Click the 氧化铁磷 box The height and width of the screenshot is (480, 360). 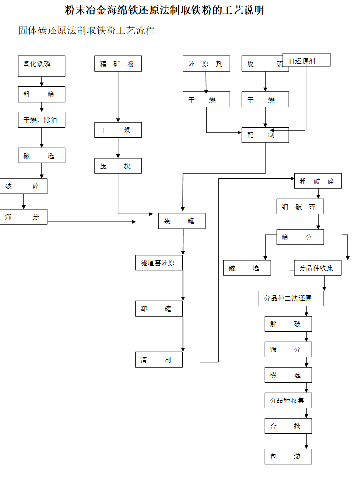click(42, 66)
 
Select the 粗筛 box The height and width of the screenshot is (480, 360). click(42, 94)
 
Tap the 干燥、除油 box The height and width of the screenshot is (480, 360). click(42, 120)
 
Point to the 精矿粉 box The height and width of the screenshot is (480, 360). click(118, 64)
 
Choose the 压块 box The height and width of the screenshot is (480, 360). click(118, 166)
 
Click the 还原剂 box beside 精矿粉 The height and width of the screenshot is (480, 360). click(206, 64)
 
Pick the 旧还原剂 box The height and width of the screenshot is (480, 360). click(306, 60)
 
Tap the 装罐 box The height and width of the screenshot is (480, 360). click(182, 221)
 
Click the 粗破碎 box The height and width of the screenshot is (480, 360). click(318, 181)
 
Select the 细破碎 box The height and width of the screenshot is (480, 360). click(300, 207)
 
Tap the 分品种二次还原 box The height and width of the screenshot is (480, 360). click(291, 298)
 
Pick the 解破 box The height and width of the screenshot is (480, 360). click(288, 324)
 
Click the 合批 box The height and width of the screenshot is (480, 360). click(288, 426)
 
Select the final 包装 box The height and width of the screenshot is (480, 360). click(288, 456)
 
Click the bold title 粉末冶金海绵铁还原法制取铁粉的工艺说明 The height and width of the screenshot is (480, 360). click(165, 10)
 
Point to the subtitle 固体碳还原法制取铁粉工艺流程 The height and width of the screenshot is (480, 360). click(86, 30)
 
